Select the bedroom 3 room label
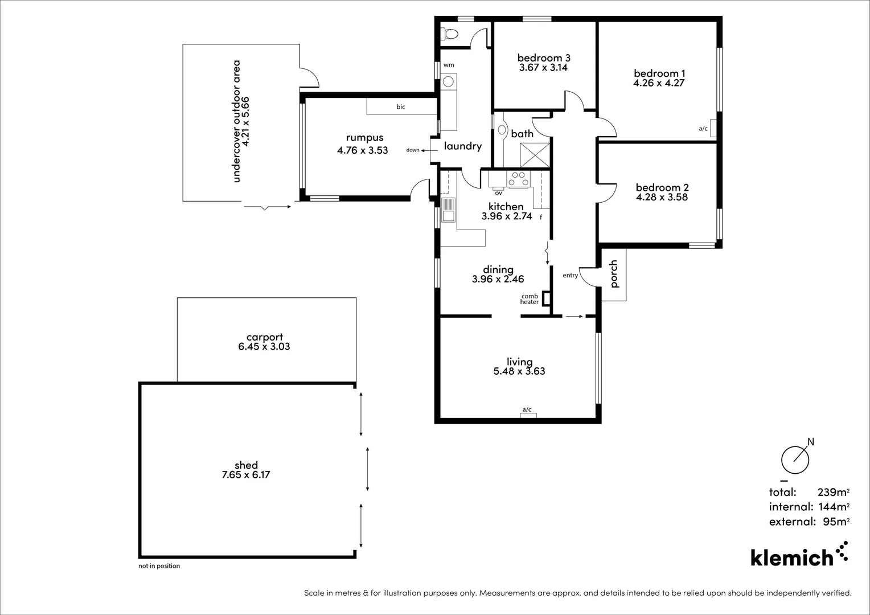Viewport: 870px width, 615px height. point(543,58)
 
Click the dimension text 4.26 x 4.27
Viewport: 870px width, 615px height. point(659,83)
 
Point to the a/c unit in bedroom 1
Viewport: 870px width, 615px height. point(713,129)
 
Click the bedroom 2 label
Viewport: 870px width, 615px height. point(662,187)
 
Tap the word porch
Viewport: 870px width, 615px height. point(614,274)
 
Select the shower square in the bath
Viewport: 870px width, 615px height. point(535,154)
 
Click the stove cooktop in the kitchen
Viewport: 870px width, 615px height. point(518,179)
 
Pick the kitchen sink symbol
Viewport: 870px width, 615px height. point(449,210)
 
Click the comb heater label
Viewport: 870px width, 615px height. point(530,299)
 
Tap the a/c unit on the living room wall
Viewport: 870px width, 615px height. point(528,415)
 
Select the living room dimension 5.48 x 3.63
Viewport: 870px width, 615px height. point(519,371)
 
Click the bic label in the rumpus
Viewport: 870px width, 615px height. point(401,107)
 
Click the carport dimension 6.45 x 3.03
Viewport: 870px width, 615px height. point(264,347)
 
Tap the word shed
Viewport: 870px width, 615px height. point(246,465)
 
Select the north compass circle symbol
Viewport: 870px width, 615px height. point(795,460)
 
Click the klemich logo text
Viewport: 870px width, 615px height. point(791,557)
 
